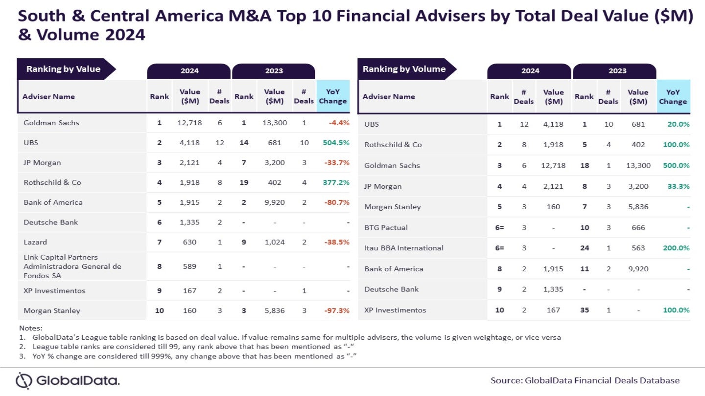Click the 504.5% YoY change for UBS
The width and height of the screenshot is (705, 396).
pos(336,143)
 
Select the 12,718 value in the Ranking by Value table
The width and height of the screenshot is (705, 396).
pos(189,123)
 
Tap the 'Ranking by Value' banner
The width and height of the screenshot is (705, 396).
pos(64,69)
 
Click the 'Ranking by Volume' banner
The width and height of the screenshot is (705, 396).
pos(404,69)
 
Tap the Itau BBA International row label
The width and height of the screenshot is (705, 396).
pos(403,248)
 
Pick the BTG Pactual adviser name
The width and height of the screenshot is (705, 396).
pos(386,227)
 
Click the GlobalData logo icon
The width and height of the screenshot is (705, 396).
pos(23,380)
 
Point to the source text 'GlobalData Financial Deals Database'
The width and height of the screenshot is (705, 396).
pos(602,380)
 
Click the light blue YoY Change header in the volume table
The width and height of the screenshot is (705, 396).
pos(673,97)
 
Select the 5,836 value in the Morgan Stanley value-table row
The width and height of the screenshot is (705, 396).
pos(274,310)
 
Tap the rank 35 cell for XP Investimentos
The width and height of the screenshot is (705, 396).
pos(584,310)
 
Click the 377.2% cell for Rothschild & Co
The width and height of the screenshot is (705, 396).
pos(336,182)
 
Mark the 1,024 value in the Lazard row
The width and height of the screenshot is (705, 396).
pos(274,242)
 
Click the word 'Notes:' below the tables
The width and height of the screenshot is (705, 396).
pos(31,328)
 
